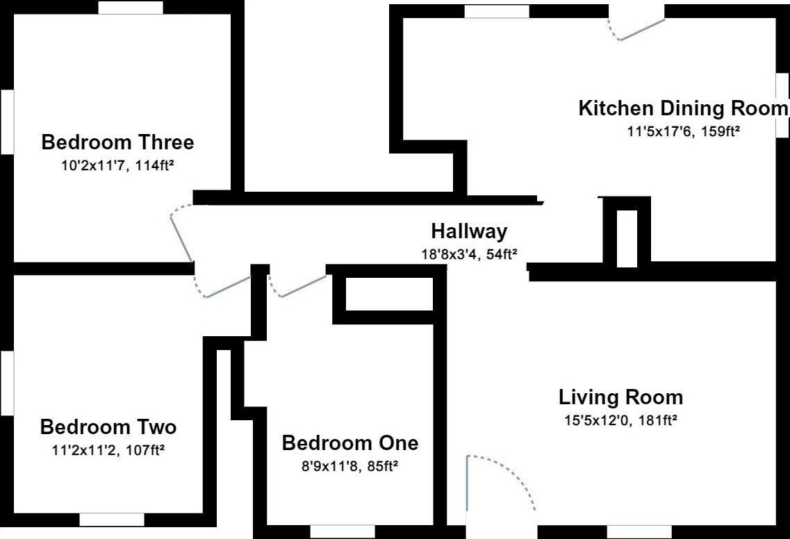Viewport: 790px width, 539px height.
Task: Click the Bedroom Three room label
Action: tap(117, 142)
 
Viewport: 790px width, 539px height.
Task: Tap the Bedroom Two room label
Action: tap(108, 427)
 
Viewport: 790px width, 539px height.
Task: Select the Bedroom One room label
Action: tap(350, 442)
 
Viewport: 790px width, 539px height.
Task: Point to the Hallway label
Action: tap(469, 231)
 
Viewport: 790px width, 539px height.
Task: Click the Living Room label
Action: tap(620, 397)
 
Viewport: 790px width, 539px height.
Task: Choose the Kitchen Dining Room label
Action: tap(683, 108)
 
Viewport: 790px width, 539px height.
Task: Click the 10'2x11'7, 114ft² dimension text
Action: tap(118, 165)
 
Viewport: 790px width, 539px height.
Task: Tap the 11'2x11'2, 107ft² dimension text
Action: tap(108, 450)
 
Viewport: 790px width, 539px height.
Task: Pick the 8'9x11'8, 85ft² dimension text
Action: tap(350, 466)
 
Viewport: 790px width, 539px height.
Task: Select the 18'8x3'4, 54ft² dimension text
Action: tap(470, 254)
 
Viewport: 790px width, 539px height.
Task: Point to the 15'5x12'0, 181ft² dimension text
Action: tap(620, 420)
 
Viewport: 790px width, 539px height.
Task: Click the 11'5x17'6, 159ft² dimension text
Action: tap(683, 131)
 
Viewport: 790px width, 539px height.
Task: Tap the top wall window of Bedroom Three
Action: tap(131, 8)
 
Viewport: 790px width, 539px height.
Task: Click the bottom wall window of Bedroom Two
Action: tap(112, 520)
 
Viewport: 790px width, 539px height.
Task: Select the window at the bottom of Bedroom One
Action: tap(343, 531)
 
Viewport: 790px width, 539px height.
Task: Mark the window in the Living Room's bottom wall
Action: tap(639, 532)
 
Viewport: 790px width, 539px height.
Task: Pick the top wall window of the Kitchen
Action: tap(497, 12)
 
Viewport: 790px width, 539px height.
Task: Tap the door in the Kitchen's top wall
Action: tap(637, 28)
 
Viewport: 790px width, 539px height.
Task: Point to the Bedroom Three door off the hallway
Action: tap(181, 233)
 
